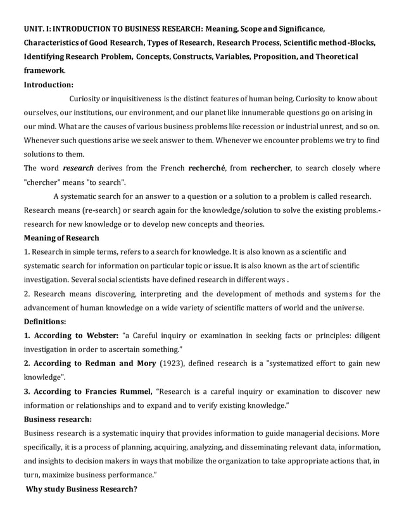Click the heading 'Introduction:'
tap(49, 84)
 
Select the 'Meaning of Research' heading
tap(61, 237)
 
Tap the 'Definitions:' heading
tap(45, 322)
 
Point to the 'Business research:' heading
tap(58, 419)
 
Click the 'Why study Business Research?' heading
tap(81, 489)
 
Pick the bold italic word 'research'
tap(79, 168)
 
